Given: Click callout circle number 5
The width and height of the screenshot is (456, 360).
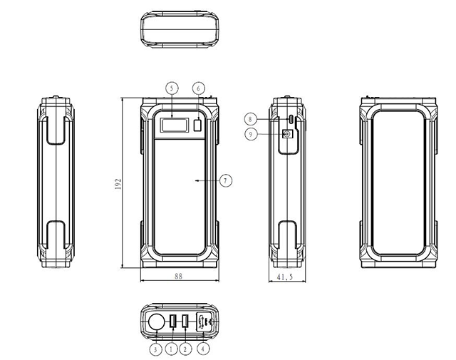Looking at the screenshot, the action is [172, 88].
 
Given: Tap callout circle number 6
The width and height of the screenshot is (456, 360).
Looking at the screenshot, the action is [199, 88].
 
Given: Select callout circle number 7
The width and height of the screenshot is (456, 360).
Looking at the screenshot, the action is [226, 181].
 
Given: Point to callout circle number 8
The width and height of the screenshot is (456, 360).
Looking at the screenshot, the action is [250, 119].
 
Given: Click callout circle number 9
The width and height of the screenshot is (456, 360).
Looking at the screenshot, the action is [251, 134].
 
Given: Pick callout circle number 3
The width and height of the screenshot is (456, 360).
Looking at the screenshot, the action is [155, 349].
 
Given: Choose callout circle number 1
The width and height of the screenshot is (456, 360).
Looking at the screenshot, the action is [171, 349].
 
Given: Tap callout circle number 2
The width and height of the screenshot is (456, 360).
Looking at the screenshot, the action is [185, 349].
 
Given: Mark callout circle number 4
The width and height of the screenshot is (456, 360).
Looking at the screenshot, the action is [203, 349].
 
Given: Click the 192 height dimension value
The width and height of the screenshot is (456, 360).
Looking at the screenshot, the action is [118, 184].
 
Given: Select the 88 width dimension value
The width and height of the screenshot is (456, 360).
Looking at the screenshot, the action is [179, 276].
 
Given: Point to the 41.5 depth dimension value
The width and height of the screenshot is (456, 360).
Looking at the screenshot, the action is [285, 277].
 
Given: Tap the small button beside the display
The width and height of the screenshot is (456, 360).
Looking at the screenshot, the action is [197, 125].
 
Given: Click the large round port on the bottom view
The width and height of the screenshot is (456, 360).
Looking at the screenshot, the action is [157, 322].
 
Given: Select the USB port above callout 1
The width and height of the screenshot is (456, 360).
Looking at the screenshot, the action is [172, 321].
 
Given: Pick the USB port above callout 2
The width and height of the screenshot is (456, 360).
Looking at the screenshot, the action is [185, 321].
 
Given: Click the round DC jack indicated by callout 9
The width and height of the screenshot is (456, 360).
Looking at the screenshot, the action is [287, 134].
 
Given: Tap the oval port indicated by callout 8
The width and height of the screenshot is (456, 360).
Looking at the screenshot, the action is [291, 119].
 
